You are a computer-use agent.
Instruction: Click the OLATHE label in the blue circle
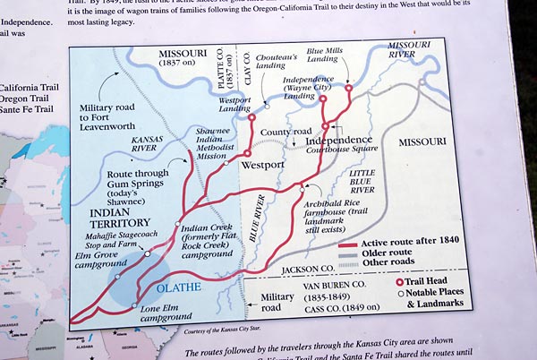(171, 288)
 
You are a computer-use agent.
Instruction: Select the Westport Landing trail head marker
(251, 117)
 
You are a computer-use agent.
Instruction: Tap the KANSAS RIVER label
(146, 146)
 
